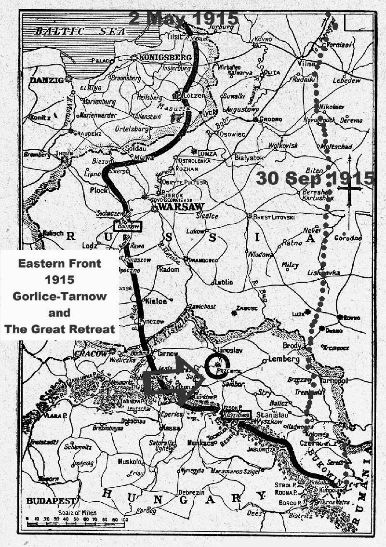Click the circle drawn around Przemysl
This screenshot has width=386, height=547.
coord(219,366)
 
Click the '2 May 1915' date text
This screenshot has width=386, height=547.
coord(184,18)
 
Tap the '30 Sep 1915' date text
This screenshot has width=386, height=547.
coord(315,178)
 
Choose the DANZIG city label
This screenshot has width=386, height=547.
coord(47,80)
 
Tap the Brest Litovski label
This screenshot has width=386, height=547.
coord(273,217)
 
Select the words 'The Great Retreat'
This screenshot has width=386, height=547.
coord(60,329)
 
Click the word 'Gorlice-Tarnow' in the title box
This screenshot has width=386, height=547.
coord(60,296)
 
